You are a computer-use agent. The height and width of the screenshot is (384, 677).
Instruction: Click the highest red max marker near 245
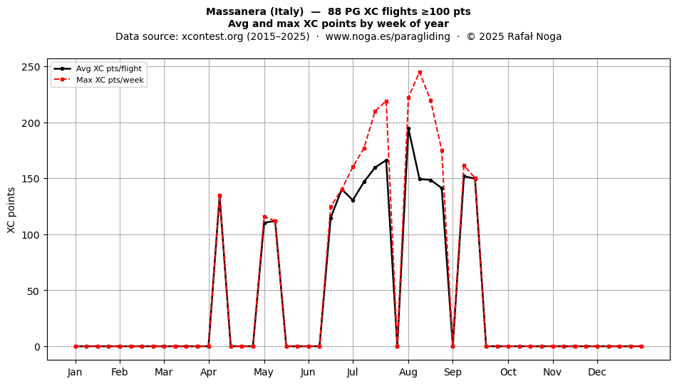click(420, 73)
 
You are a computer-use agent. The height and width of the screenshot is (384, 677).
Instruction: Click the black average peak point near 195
click(408, 128)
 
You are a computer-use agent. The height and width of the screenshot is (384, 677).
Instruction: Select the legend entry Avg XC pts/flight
click(109, 68)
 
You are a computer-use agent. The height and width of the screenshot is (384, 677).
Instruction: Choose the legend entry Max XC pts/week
click(110, 80)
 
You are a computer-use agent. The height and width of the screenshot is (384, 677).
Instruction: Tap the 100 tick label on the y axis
click(32, 234)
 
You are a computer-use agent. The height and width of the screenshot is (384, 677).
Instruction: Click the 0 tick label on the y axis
click(37, 346)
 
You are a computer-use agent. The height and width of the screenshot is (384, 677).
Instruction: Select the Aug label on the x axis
click(408, 372)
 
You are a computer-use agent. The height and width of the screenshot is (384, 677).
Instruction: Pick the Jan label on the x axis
click(75, 372)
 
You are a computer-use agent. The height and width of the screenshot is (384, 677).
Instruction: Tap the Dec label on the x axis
click(598, 372)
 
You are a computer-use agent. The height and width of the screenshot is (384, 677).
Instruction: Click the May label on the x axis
click(264, 372)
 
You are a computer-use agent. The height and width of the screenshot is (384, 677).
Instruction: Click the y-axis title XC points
click(11, 210)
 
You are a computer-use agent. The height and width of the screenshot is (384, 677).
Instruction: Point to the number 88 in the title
click(334, 11)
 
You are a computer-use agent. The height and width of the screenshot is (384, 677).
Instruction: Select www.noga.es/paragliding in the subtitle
click(388, 36)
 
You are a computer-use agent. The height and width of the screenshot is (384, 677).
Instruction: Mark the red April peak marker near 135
click(219, 196)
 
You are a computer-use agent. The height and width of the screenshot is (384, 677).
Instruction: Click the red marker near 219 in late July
click(386, 101)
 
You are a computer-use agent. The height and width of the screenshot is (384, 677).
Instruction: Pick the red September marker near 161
click(464, 166)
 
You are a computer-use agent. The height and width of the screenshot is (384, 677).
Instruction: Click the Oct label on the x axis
click(508, 372)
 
